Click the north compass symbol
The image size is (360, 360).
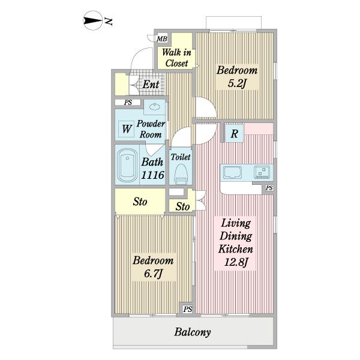93,20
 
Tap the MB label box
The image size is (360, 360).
162,39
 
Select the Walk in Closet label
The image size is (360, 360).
176,58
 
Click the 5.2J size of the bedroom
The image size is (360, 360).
237,83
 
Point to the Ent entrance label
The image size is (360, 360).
151,84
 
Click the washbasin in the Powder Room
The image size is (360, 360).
154,107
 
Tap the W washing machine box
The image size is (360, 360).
127,129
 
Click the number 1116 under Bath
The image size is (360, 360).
152,175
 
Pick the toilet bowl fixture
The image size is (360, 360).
181,174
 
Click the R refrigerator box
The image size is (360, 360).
234,133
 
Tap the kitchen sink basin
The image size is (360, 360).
233,172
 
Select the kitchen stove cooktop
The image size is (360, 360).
262,172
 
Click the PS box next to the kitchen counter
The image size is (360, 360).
269,188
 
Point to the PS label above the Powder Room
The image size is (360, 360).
128,103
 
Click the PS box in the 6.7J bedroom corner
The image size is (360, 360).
187,309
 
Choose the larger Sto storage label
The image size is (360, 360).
140,202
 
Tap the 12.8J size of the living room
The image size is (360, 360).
236,262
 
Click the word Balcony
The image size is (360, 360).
193,332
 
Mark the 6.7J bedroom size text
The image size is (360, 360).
154,274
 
